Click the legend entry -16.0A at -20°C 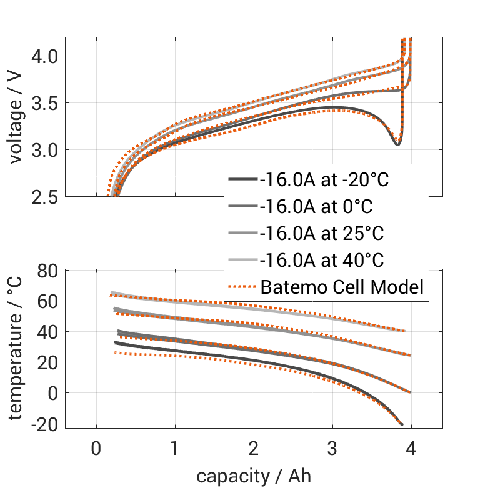point(324,181)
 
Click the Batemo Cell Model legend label point(342,287)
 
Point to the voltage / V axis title point(16,117)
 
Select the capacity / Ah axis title point(254,476)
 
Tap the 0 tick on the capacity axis point(96,449)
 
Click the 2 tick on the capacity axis point(254,449)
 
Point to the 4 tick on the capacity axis point(411,449)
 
